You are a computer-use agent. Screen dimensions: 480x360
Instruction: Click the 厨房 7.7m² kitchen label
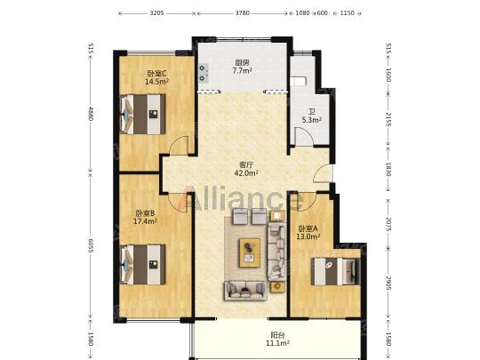pyautogui.click(x=242, y=67)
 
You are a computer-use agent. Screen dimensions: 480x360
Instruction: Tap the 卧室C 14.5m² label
pyautogui.click(x=156, y=77)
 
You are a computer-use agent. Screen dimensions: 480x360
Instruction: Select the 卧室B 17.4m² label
pyautogui.click(x=145, y=217)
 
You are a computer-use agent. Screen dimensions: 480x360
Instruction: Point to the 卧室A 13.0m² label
pyautogui.click(x=308, y=232)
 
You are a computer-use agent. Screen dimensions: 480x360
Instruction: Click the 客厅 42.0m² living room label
pyautogui.click(x=246, y=169)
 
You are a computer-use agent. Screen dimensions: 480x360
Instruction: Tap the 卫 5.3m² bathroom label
pyautogui.click(x=312, y=116)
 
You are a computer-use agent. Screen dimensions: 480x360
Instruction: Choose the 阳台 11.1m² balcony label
pyautogui.click(x=277, y=339)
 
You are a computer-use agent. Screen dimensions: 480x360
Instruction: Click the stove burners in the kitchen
pyautogui.click(x=203, y=73)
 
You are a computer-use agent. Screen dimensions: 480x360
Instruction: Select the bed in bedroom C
pyautogui.click(x=143, y=114)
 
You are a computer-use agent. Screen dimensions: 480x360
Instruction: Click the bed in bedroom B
pyautogui.click(x=143, y=264)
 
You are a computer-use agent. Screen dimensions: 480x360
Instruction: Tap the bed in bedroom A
pyautogui.click(x=335, y=271)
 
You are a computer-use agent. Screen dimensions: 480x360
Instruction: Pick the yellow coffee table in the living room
pyautogui.click(x=250, y=252)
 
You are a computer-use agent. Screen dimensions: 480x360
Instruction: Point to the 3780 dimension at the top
pyautogui.click(x=242, y=13)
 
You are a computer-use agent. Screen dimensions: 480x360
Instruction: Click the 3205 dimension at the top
pyautogui.click(x=156, y=13)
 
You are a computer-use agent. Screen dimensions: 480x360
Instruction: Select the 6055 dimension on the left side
pyautogui.click(x=91, y=246)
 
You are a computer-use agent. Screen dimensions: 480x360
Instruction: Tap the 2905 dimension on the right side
pyautogui.click(x=388, y=283)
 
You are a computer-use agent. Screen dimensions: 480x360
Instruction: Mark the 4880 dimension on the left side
pyautogui.click(x=91, y=114)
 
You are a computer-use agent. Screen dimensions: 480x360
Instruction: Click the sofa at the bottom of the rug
pyautogui.click(x=245, y=291)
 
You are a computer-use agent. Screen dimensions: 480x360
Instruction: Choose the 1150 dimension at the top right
pyautogui.click(x=348, y=13)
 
